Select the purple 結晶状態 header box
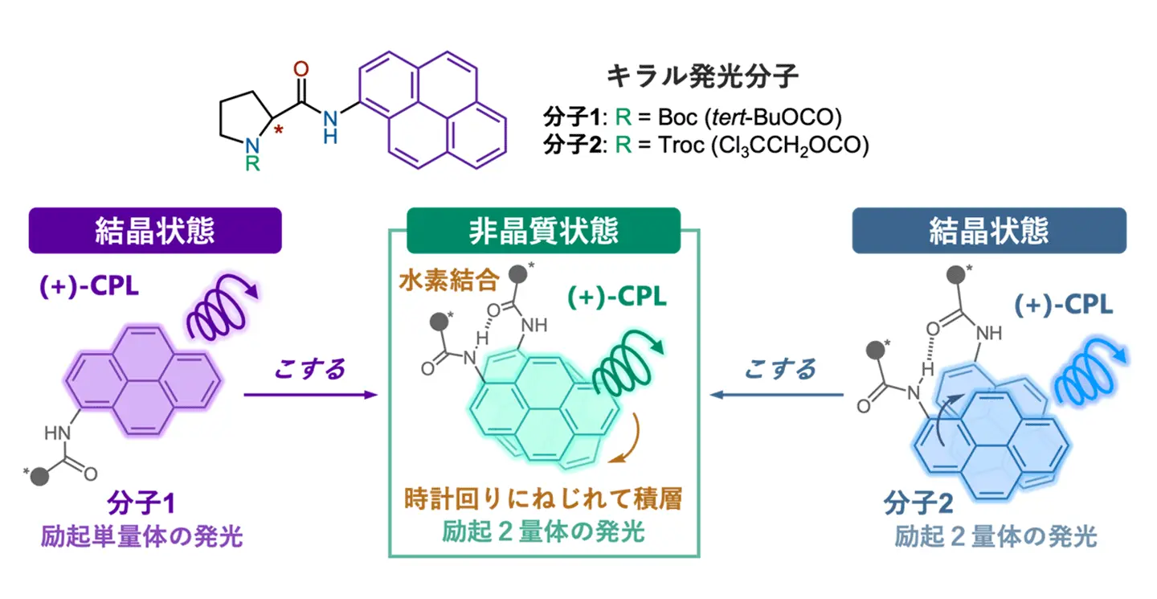(x=155, y=231)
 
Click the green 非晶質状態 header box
(x=544, y=231)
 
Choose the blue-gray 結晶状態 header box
(x=989, y=231)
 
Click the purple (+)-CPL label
(x=88, y=287)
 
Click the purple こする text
(x=309, y=369)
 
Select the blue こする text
(x=779, y=369)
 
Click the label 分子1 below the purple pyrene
(x=141, y=506)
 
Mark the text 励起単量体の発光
(x=141, y=536)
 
